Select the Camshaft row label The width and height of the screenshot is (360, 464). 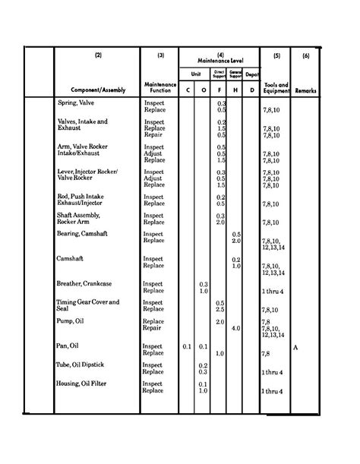[x=71, y=259]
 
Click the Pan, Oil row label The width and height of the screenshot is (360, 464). [x=69, y=346]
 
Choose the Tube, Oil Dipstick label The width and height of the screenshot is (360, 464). [x=84, y=365]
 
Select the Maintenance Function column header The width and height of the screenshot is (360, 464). [x=159, y=87]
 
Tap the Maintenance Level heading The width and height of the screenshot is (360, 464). [x=219, y=58]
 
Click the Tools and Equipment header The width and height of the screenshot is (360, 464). [x=276, y=87]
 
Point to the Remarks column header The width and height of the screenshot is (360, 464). [x=307, y=90]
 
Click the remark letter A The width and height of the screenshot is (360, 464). [x=296, y=346]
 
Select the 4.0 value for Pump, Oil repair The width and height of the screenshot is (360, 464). [x=235, y=328]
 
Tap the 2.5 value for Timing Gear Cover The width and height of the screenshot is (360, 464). [x=220, y=309]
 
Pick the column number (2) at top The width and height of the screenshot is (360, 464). [x=98, y=55]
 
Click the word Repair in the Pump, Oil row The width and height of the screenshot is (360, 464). [x=153, y=328]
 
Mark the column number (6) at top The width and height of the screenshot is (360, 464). [x=306, y=55]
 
